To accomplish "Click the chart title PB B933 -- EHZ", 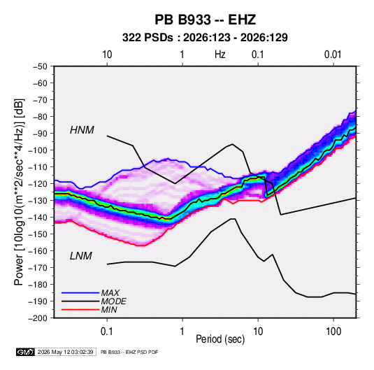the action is point(205,20).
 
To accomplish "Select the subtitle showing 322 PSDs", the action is point(205,38).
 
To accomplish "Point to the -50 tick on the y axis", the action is point(40,66).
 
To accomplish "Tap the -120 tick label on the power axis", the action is point(38,183).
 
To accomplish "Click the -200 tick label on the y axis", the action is point(38,318).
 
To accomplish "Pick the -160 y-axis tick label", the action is point(38,251).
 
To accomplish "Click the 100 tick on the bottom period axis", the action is point(333,332).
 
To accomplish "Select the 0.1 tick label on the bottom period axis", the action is point(107,332).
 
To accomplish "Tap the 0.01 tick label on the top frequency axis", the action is point(333,55).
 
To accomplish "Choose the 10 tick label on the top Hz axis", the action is point(107,55).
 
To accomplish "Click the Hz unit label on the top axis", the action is point(220,55).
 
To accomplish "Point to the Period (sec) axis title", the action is point(220,339).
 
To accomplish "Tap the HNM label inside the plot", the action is point(82,130).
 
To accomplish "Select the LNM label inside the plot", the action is point(81,256).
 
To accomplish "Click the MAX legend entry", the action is point(110,292).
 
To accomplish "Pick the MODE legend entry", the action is point(113,301).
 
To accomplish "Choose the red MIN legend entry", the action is point(109,310).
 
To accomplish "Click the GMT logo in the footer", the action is point(26,352).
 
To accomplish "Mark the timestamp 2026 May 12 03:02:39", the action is point(65,352).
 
